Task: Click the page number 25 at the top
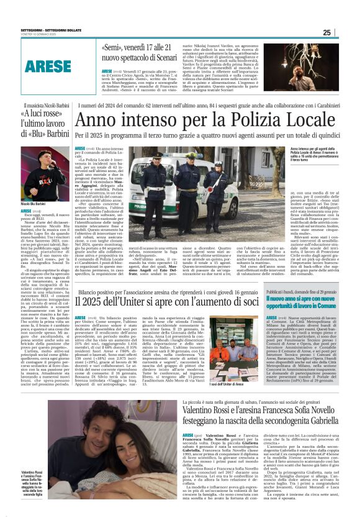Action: pos(344,32)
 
